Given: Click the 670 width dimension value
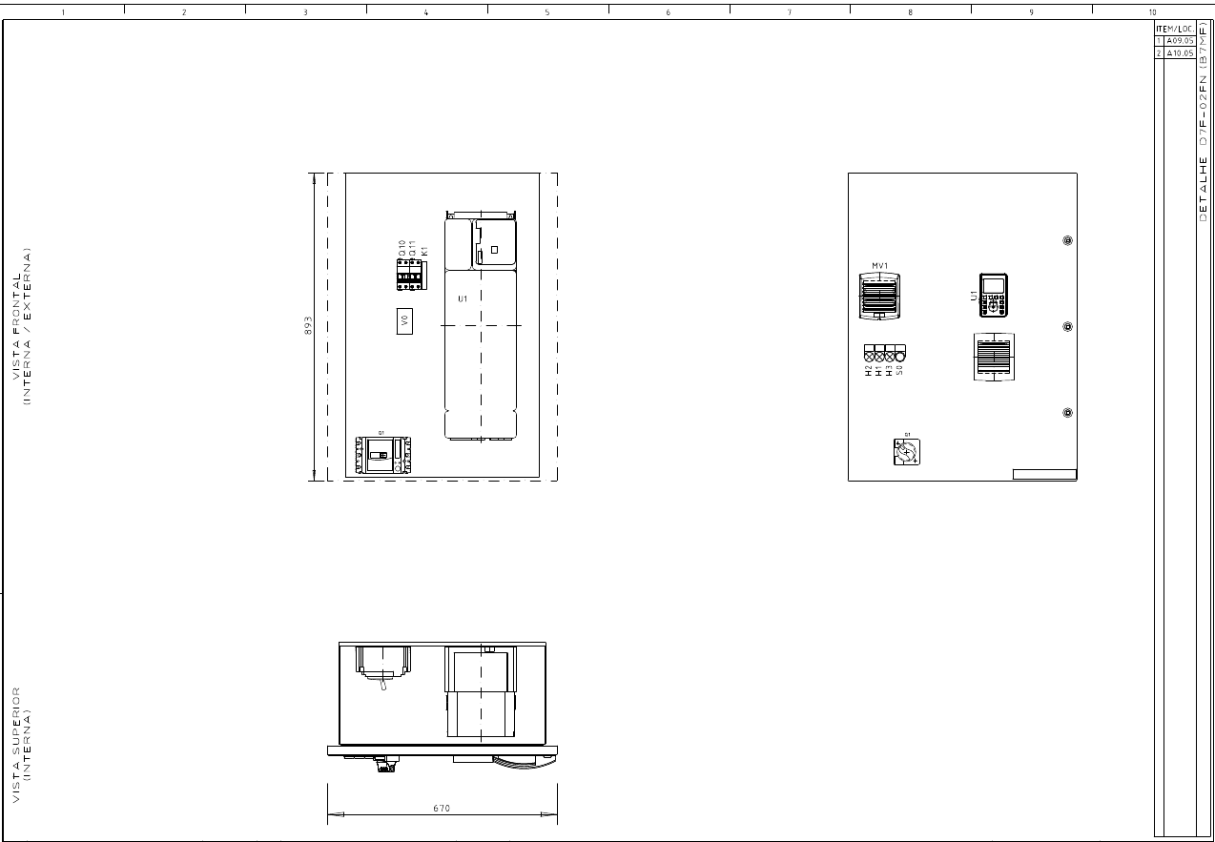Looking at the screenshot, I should [x=442, y=808].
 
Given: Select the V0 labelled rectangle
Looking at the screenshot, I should [x=404, y=321].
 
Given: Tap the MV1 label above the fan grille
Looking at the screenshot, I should [x=879, y=266].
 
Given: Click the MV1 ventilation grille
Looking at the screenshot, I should [x=879, y=296].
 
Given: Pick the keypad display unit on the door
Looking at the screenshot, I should [x=994, y=295].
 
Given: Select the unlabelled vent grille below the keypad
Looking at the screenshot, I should [x=994, y=357].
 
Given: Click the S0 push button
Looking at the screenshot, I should [x=899, y=351].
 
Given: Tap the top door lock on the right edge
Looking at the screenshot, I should [x=1067, y=241].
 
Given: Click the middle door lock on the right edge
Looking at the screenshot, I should [x=1067, y=327].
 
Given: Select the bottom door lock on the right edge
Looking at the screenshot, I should [x=1067, y=413].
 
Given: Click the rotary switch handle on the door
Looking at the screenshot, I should [x=906, y=452].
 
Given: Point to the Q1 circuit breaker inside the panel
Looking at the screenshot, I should [x=382, y=455].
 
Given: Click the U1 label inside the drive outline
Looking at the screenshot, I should [x=463, y=299].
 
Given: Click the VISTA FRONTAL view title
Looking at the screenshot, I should [x=22, y=326].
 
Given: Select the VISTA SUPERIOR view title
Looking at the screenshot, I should [x=22, y=744].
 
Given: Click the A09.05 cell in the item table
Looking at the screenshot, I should [x=1180, y=41].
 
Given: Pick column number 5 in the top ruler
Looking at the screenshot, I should [x=547, y=12].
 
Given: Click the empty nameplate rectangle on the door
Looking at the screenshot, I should [x=1043, y=474].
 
